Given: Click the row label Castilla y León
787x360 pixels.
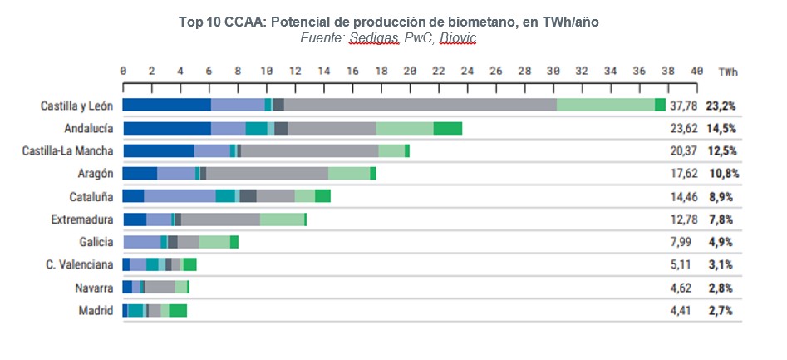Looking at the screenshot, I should tap(76, 106).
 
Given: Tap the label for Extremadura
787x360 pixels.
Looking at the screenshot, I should tap(83, 219).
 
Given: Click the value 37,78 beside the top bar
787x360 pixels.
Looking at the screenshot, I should tap(683, 106).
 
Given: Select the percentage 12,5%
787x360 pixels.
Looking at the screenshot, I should tap(721, 151).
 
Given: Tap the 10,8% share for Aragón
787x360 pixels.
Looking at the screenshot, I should tap(722, 174).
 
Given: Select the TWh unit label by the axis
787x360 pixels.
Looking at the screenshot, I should tap(728, 72).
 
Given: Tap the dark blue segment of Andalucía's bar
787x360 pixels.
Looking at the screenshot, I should tap(166, 128).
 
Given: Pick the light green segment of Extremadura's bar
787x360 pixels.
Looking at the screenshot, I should tap(282, 219).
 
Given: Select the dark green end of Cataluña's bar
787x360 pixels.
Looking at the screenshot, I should tap(322, 196).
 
